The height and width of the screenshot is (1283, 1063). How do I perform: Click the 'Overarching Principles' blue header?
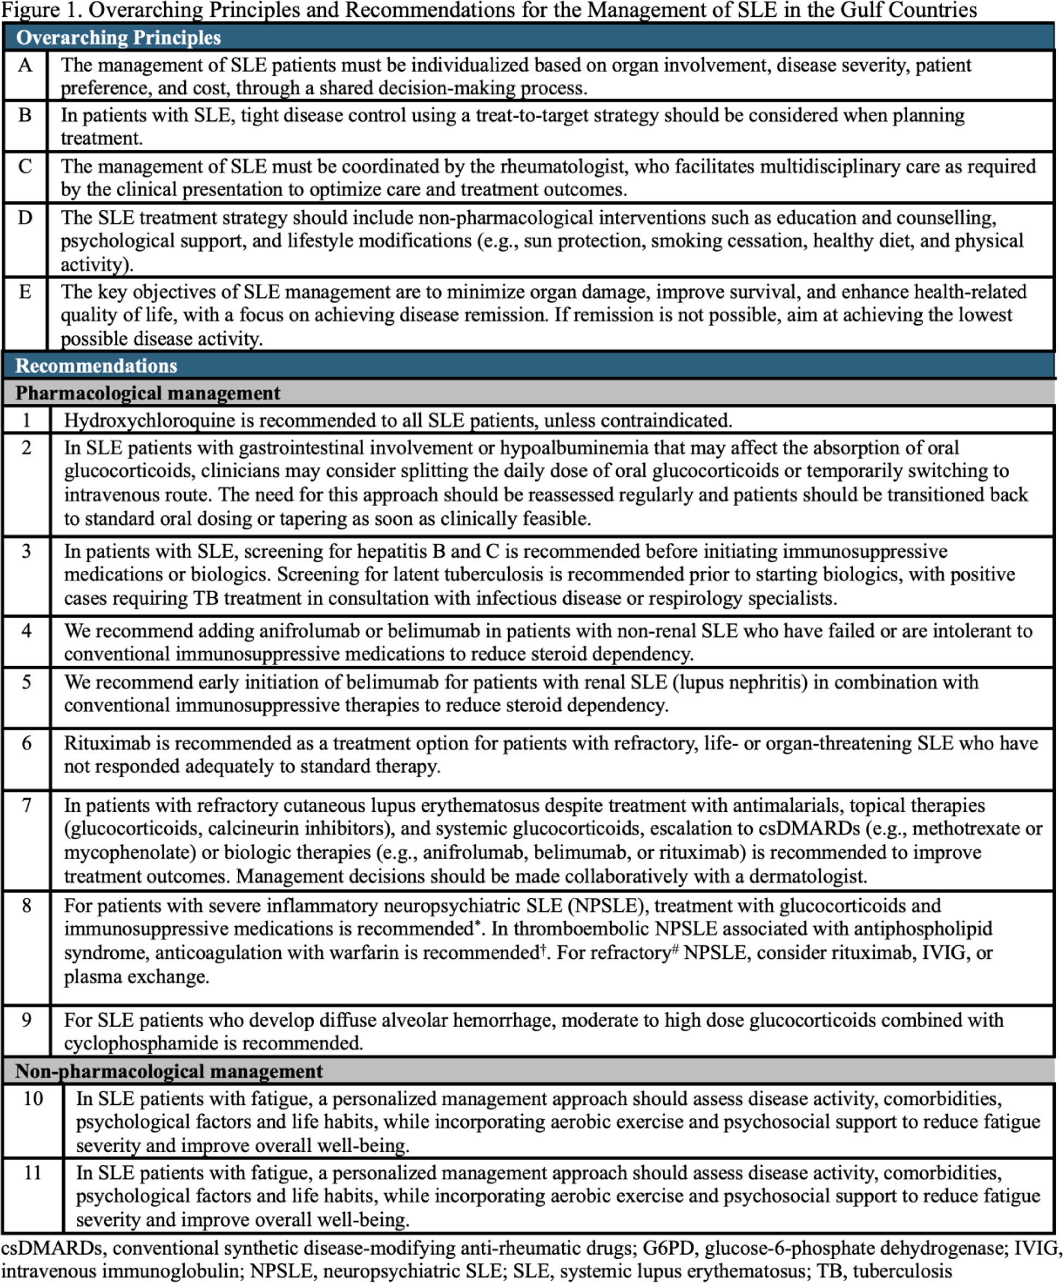click(x=118, y=38)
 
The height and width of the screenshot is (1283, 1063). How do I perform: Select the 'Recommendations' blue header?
click(x=96, y=366)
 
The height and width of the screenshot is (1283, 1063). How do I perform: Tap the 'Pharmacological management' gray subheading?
click(x=147, y=393)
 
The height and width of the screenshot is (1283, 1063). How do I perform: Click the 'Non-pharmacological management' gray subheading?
click(x=168, y=1071)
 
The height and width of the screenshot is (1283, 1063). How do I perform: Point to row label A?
click(x=25, y=65)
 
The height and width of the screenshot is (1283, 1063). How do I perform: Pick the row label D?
click(x=25, y=217)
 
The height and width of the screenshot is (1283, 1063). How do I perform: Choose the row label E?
click(x=25, y=291)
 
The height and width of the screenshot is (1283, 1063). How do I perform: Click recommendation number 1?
click(x=26, y=421)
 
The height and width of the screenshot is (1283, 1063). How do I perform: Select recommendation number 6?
click(x=26, y=743)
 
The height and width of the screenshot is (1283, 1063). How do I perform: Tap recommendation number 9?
click(x=26, y=1020)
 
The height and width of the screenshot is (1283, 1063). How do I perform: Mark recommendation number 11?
click(x=32, y=1172)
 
